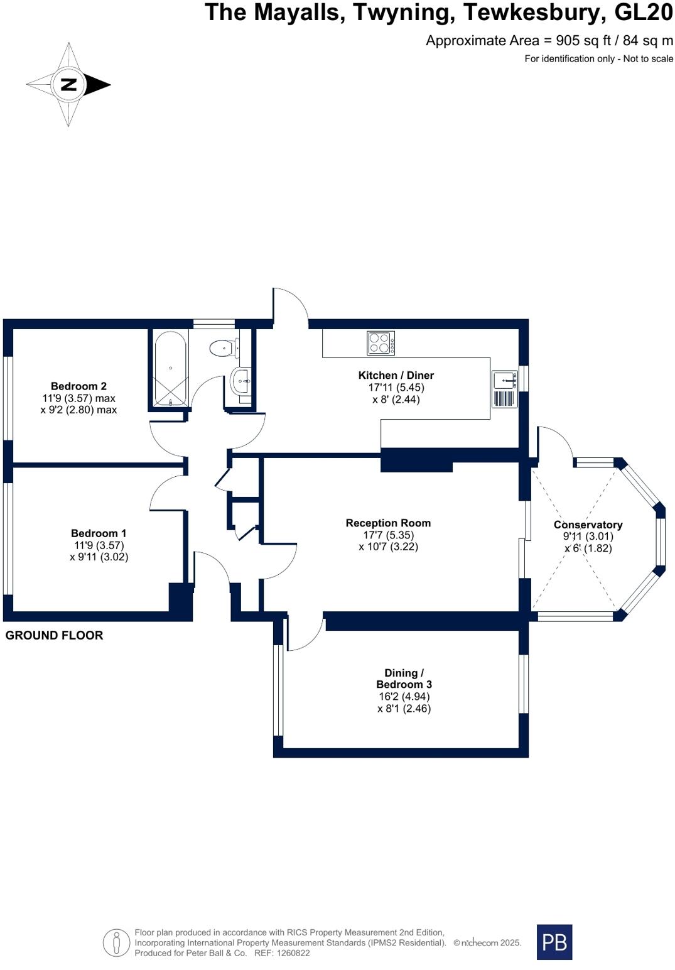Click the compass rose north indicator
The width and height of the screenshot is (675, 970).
click(68, 85)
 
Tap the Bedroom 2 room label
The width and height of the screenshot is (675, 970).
click(78, 386)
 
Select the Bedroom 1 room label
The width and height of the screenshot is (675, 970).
click(99, 533)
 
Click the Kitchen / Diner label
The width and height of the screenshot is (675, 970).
click(396, 376)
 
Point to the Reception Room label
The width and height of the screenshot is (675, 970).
click(388, 523)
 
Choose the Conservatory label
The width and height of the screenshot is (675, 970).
click(588, 525)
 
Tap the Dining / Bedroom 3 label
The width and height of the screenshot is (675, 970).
click(404, 678)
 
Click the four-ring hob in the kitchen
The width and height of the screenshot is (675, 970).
click(381, 343)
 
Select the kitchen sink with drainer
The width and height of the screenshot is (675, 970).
click(505, 389)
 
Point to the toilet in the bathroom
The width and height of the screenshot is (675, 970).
click(223, 347)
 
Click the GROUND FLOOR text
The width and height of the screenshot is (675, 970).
click(54, 635)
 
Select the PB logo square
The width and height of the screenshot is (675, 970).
click(554, 942)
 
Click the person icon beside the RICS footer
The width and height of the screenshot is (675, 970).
click(116, 942)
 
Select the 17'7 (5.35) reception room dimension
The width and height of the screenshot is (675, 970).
click(388, 535)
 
